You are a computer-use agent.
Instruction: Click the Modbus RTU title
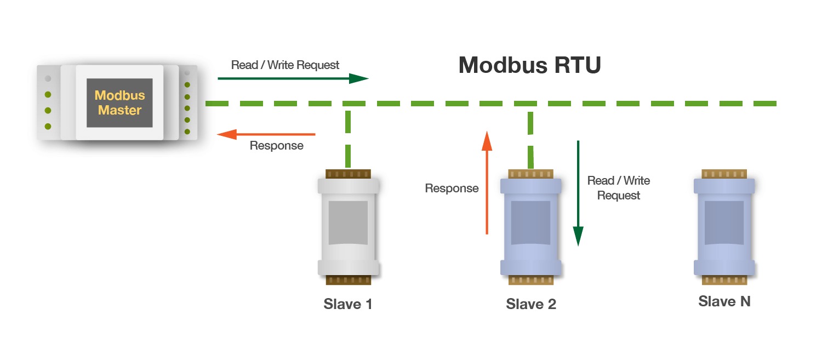pos(529,65)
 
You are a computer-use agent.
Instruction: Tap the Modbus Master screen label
pos(119,102)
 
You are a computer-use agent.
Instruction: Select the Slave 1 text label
pos(348,304)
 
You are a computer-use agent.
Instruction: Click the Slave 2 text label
pos(531,304)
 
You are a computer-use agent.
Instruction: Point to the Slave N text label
pos(724,301)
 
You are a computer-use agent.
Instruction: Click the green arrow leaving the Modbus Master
pos(293,78)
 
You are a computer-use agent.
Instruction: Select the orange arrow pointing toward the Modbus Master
pos(266,134)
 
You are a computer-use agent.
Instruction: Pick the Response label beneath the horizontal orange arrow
pos(276,146)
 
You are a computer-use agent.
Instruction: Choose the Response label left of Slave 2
pos(452,188)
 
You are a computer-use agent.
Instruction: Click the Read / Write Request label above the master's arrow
pos(285,65)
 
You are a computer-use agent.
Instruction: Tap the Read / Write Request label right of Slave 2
pos(618,188)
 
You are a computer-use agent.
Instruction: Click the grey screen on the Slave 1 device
pos(348,222)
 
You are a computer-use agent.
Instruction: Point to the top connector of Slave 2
pos(530,174)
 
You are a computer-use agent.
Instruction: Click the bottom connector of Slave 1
pos(348,280)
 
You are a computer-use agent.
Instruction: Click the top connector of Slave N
pos(724,174)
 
